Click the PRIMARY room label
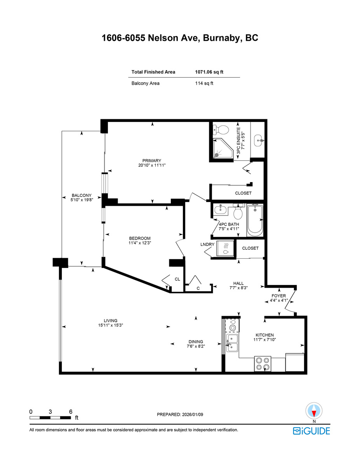(151, 161)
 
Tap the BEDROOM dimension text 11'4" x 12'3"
(140, 243)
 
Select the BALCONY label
(81, 195)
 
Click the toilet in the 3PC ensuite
(223, 129)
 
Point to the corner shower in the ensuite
(224, 149)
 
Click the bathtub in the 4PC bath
(255, 220)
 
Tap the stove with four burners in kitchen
(263, 363)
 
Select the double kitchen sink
(232, 343)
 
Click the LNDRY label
(207, 244)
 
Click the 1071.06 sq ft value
(209, 72)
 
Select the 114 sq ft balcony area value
(204, 83)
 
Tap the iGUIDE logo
(311, 431)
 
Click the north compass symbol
(314, 410)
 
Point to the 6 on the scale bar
(70, 412)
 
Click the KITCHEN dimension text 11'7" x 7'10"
(264, 340)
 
